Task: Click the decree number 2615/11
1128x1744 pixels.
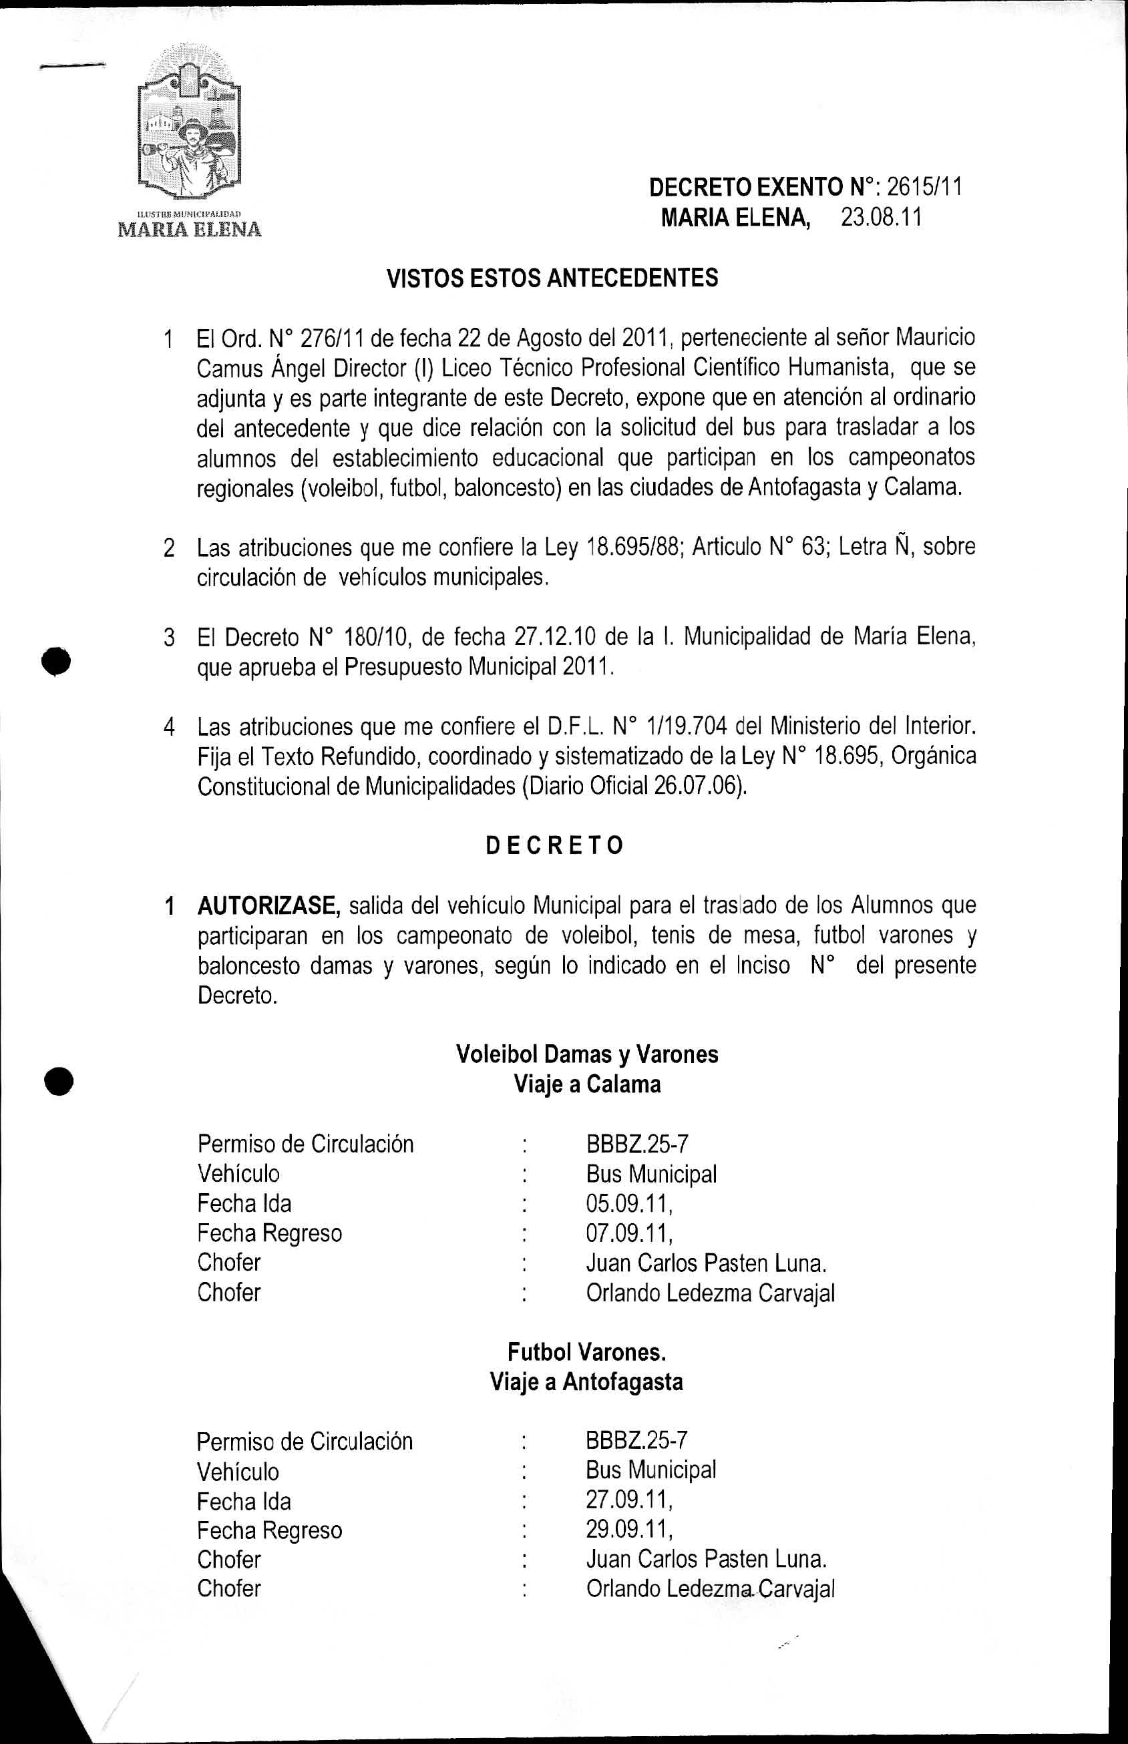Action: click(x=924, y=188)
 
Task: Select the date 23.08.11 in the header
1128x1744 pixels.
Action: click(x=880, y=218)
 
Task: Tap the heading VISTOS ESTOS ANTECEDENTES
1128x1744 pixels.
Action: click(x=552, y=278)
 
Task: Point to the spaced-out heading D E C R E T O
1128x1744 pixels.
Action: click(x=554, y=846)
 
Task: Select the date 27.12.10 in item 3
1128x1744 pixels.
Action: click(x=555, y=637)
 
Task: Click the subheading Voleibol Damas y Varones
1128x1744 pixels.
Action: click(x=586, y=1054)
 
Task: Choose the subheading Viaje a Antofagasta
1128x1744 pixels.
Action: click(x=586, y=1381)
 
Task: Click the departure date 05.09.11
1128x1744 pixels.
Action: click(x=628, y=1204)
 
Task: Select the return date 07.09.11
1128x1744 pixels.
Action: click(x=628, y=1234)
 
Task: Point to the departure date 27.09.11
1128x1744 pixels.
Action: click(x=628, y=1501)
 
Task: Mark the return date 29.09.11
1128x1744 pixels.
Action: click(x=628, y=1530)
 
